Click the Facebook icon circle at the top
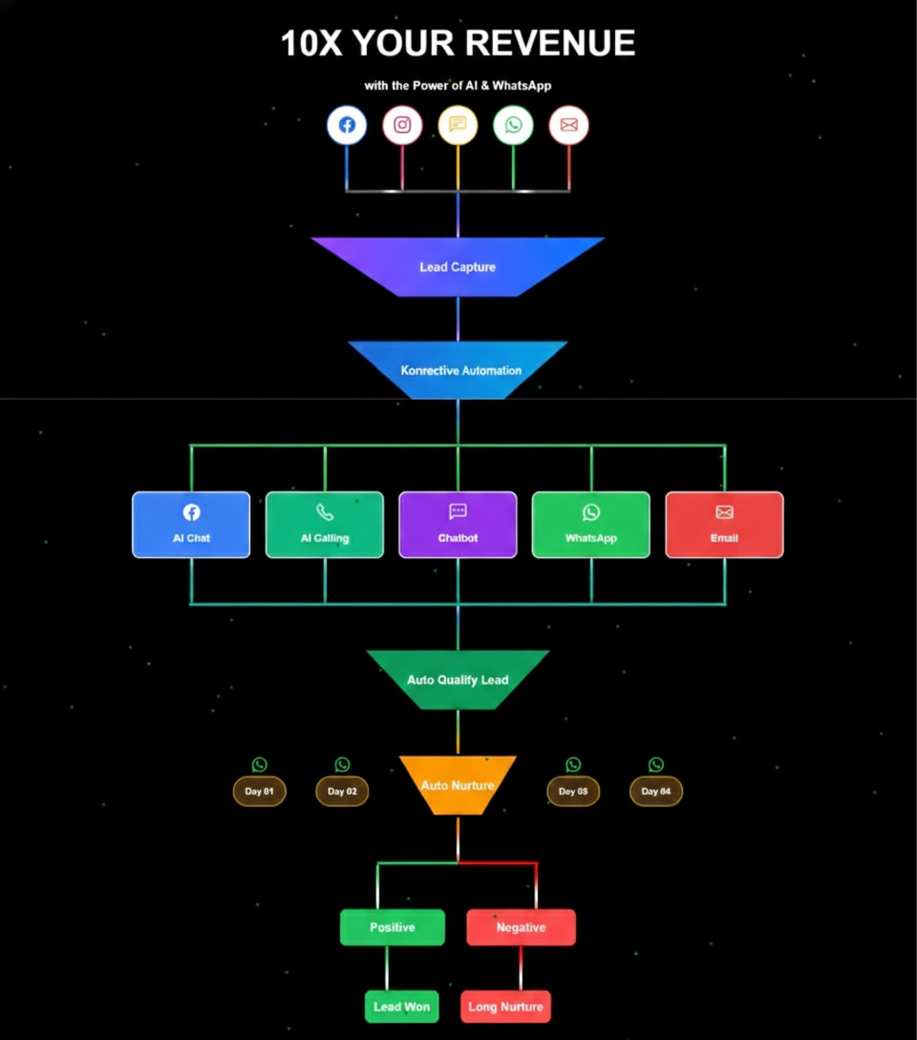347,125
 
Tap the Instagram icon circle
402,125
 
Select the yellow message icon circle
458,125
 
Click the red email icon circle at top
568,125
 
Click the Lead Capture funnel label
457,267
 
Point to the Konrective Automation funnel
460,370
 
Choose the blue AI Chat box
191,525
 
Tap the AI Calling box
325,525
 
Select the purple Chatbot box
458,525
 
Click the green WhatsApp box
591,525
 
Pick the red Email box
724,525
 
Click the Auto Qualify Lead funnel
457,680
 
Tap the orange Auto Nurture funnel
457,786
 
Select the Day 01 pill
259,791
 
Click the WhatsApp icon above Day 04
656,765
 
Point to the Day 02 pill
342,791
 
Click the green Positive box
393,928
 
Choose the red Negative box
521,928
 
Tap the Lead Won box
402,1007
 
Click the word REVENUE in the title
550,43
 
